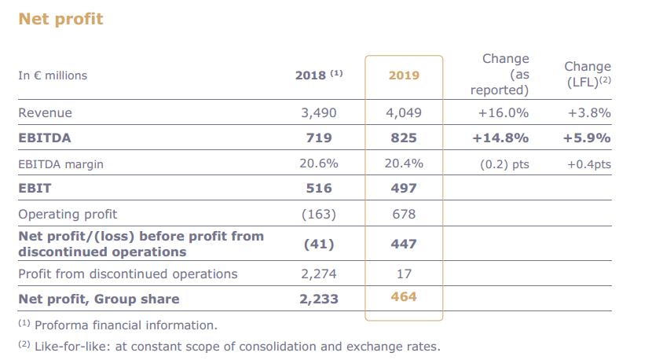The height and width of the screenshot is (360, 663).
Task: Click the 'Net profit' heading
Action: pos(60,18)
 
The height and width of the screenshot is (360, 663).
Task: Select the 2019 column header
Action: pos(404,75)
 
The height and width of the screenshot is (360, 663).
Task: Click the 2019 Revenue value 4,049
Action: pos(404,112)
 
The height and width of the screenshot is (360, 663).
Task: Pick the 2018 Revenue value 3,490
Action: pos(318,112)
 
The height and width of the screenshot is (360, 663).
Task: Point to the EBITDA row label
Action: pos(45,138)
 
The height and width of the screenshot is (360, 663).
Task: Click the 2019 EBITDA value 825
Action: pos(404,138)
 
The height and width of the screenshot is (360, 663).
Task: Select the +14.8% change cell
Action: pos(500,138)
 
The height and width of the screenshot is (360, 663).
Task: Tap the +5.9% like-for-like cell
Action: pos(587,138)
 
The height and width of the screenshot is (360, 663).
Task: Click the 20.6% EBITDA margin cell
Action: pos(318,163)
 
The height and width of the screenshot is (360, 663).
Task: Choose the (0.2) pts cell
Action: pos(504,164)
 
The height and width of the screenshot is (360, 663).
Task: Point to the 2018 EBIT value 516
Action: pos(318,189)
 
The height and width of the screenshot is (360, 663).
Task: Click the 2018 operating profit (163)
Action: pos(318,214)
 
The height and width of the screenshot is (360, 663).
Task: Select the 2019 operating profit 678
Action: pos(404,214)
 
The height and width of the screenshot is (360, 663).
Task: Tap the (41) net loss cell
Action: pos(318,244)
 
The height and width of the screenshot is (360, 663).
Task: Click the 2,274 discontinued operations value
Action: pos(318,274)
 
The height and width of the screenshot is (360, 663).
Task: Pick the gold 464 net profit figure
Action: pos(404,297)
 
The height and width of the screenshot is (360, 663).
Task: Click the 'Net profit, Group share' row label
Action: pos(99,299)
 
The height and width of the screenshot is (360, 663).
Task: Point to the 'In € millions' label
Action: pos(53,75)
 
